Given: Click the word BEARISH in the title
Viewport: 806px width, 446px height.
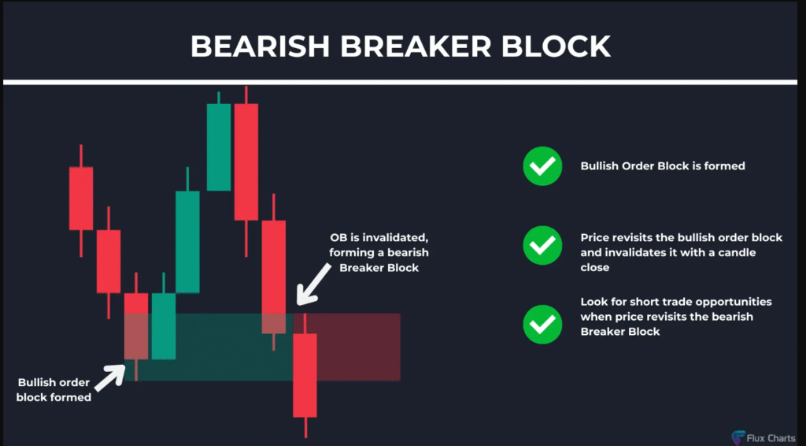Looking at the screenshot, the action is (260, 46).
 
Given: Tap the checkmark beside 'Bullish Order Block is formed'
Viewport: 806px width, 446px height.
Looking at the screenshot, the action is (542, 165).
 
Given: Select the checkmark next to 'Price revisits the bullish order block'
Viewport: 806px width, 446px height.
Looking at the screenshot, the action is (542, 245).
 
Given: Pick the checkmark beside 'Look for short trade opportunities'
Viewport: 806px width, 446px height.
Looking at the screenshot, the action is (542, 324).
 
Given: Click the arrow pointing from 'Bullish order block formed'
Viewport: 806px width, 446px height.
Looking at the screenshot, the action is (109, 378).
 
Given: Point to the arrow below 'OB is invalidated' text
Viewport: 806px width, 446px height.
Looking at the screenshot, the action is (312, 284).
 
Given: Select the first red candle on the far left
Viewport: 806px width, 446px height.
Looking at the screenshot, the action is (81, 199).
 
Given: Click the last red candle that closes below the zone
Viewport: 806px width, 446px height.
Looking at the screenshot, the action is (305, 375).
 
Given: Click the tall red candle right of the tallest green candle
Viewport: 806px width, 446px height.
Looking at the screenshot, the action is (246, 162).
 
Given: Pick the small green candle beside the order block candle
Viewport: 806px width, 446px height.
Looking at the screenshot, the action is (164, 325).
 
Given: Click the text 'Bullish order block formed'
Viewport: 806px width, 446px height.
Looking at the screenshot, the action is (54, 390).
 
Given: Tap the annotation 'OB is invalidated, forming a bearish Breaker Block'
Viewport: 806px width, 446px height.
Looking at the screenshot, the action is (379, 253).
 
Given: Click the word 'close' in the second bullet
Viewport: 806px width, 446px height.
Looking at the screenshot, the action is (595, 267).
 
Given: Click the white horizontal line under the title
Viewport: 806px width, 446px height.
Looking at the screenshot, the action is (400, 82).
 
